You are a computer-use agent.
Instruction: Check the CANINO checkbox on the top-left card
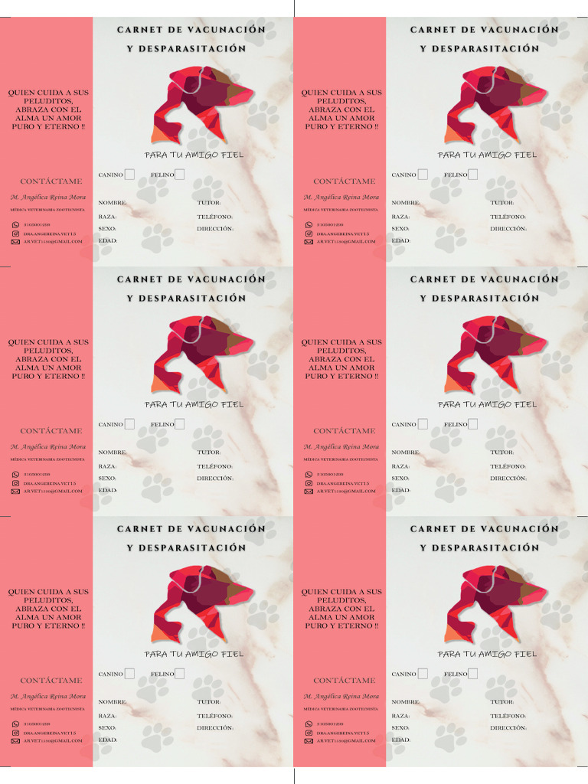[x=129, y=175]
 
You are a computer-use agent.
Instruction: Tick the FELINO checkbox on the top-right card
[x=472, y=175]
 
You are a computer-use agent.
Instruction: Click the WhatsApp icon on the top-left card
[x=15, y=225]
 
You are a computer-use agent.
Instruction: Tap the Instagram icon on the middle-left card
[x=15, y=483]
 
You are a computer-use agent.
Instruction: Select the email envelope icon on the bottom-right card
[x=309, y=741]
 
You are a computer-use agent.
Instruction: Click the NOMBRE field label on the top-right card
[x=405, y=203]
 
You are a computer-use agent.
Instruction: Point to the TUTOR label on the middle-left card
[x=209, y=452]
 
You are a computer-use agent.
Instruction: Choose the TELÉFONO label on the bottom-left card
[x=215, y=716]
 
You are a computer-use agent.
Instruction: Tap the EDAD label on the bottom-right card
[x=401, y=740]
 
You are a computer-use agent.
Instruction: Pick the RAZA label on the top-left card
[x=107, y=217]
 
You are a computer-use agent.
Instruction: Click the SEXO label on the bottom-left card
[x=107, y=728]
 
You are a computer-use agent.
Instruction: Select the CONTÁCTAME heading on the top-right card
[x=345, y=181]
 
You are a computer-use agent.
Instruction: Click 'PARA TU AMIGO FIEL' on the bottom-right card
[x=488, y=655]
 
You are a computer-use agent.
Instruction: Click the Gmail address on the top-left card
[x=52, y=241]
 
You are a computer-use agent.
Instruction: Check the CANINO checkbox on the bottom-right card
[x=423, y=674]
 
